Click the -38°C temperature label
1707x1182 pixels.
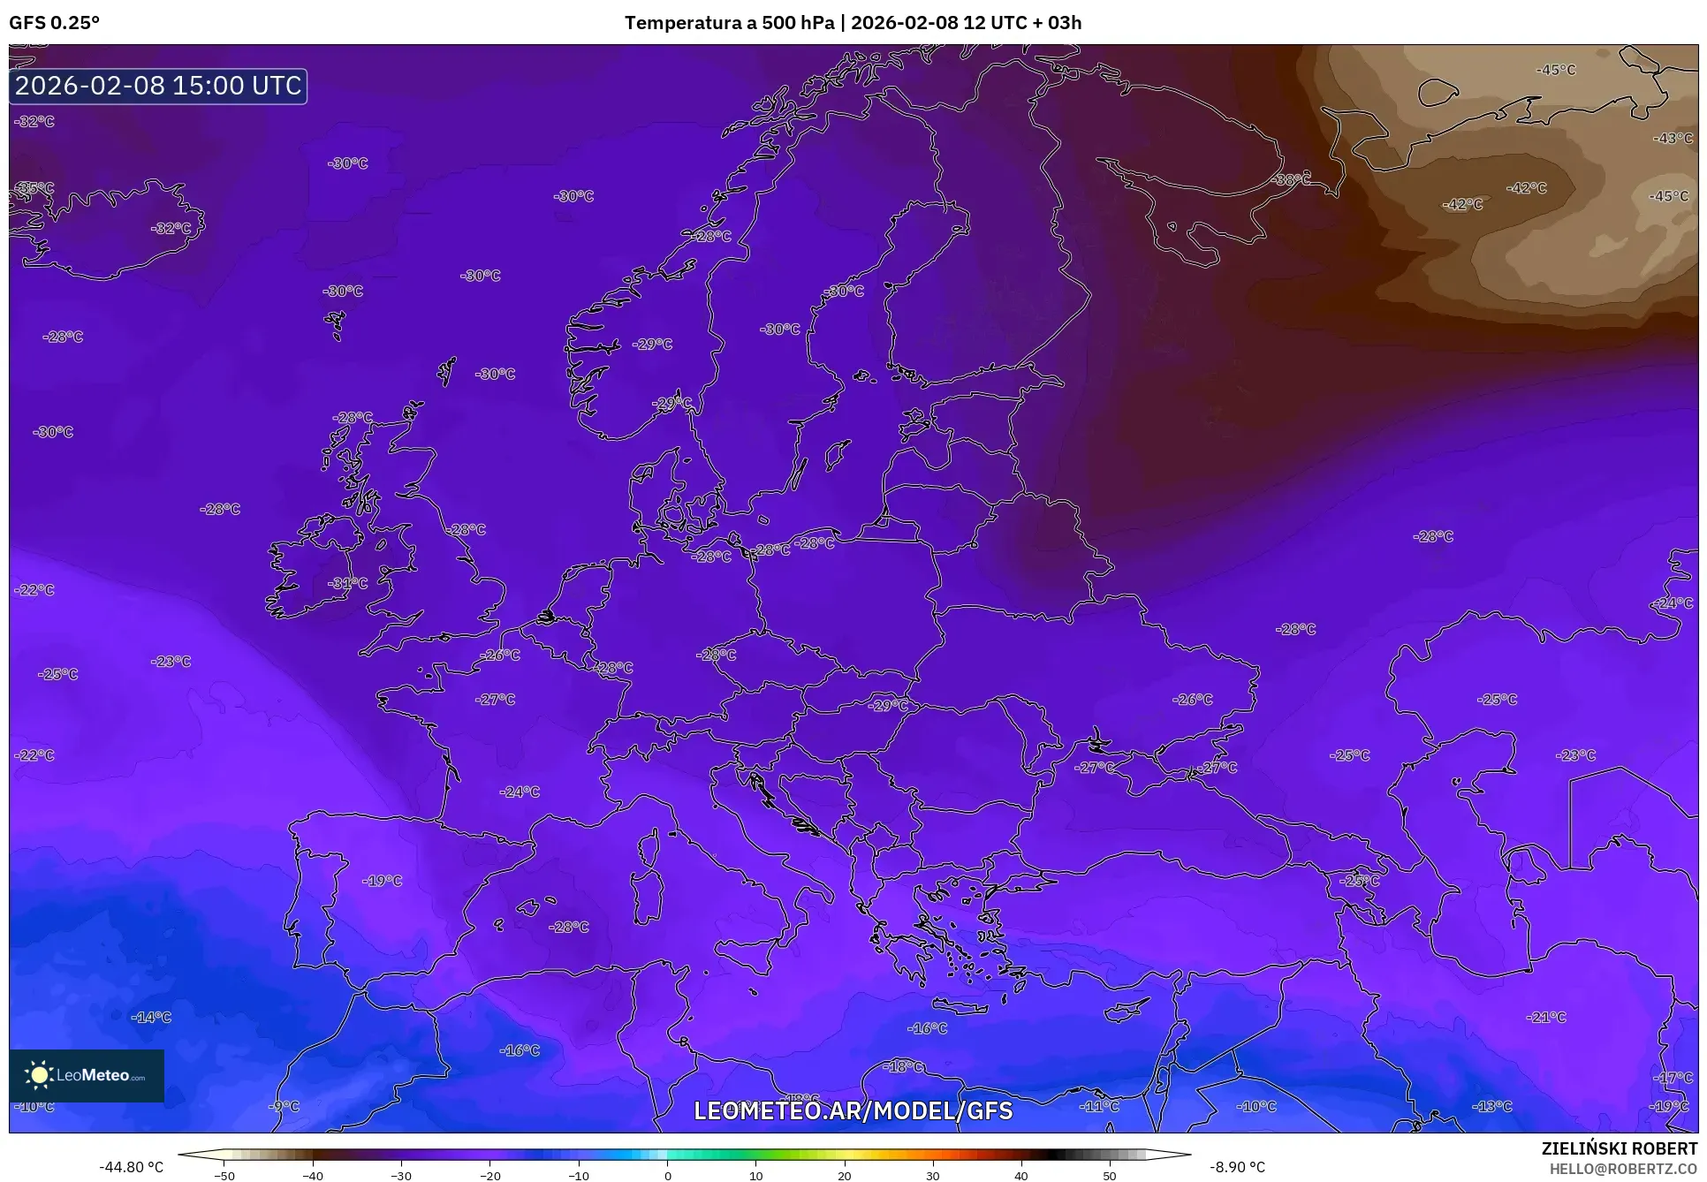[x=1291, y=179]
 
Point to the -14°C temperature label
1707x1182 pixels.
[x=151, y=1017]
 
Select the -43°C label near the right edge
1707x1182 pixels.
[x=1673, y=138]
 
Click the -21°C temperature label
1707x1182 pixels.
[x=1546, y=1017]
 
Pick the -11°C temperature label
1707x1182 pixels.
[x=1099, y=1106]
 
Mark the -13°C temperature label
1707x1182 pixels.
[x=1492, y=1106]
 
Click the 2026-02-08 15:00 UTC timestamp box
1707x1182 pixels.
[x=158, y=86]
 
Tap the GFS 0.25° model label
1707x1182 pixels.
[x=54, y=23]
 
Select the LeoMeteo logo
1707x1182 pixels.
[x=87, y=1075]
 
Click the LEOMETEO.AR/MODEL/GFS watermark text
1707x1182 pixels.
[x=853, y=1110]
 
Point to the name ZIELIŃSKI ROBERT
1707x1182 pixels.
[x=1619, y=1148]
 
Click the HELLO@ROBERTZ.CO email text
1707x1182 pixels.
[x=1623, y=1168]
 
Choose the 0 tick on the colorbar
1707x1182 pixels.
[x=667, y=1175]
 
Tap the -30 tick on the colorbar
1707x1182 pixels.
[x=400, y=1175]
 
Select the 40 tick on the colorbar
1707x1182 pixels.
[x=1021, y=1175]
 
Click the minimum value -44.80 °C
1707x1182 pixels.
[x=131, y=1167]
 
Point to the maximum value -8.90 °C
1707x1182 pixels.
[x=1237, y=1167]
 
